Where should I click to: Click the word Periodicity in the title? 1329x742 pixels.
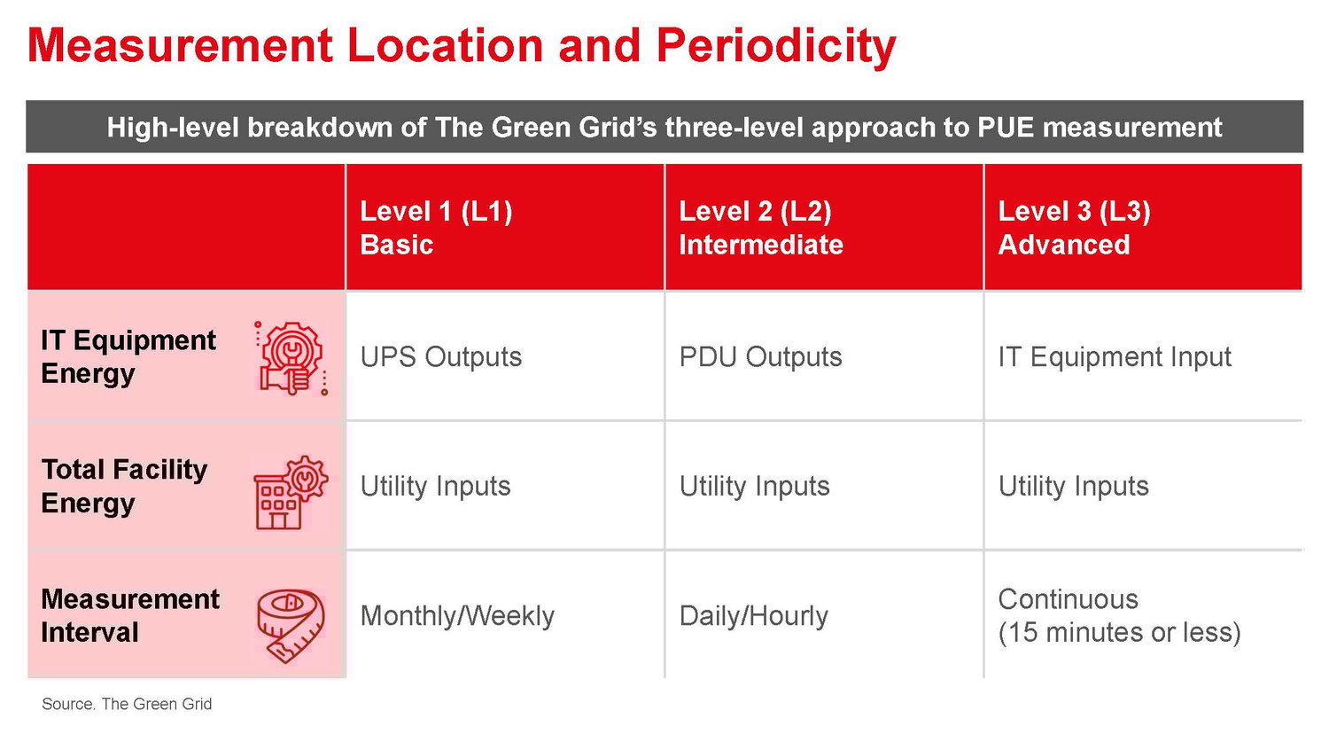coord(775,46)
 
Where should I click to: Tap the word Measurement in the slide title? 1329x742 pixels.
coord(180,46)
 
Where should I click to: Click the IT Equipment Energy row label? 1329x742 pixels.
coord(128,356)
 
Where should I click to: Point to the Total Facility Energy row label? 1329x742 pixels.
coord(124,486)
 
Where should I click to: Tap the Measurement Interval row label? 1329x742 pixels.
coord(129,615)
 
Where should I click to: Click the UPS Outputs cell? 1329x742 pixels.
coord(440,356)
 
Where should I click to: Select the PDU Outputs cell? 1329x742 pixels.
coord(760,356)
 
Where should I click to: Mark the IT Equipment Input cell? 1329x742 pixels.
coord(1114,356)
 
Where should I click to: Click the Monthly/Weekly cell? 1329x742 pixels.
coord(457,615)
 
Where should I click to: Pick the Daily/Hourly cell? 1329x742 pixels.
coord(753,615)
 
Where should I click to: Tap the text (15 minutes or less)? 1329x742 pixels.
coord(1119,632)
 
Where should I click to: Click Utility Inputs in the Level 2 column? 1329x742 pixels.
coord(754,486)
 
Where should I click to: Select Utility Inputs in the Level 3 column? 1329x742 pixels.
coord(1073,486)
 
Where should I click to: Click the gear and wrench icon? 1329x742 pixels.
coord(291,357)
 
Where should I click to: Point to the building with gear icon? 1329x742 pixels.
coord(290,493)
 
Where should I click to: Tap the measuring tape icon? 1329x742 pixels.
coord(291,625)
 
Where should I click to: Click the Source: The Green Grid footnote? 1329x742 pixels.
coord(127,704)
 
